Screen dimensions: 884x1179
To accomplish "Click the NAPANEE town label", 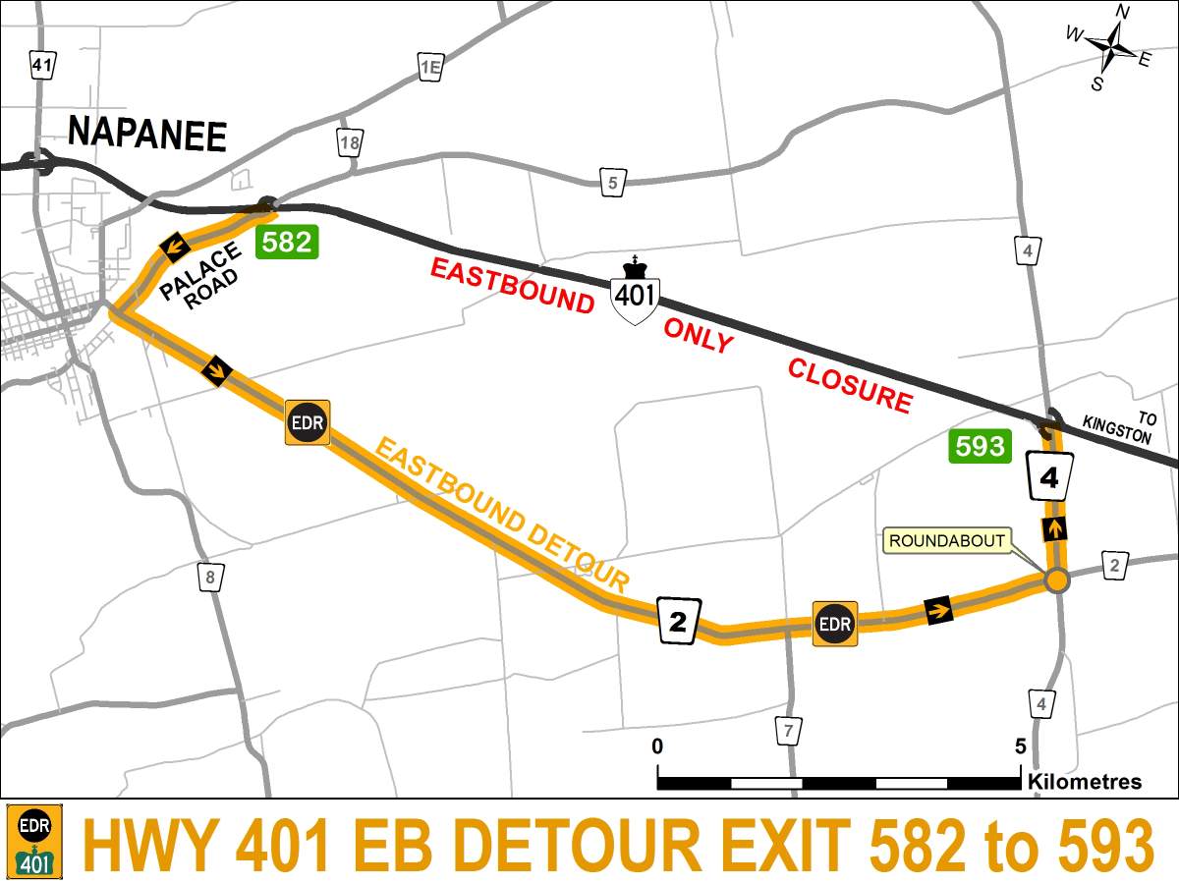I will tap(146, 135).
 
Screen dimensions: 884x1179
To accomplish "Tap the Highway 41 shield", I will tap(41, 66).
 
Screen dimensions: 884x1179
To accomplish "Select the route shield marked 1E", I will tap(429, 66).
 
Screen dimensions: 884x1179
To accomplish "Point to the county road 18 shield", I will tap(349, 142).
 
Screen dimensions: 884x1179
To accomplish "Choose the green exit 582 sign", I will tap(287, 242).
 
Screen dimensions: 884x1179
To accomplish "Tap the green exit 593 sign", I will tap(980, 447).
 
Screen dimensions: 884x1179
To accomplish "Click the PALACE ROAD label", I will tap(199, 277).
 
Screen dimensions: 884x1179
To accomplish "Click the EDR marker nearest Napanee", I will tap(307, 422).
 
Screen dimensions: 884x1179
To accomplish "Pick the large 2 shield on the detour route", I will tap(678, 620).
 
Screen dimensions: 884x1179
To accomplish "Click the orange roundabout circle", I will tap(1056, 580).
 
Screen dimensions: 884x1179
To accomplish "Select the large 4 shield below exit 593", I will tap(1049, 476).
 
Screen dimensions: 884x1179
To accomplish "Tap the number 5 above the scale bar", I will tap(1021, 746).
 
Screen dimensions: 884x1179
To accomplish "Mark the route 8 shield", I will tap(208, 578).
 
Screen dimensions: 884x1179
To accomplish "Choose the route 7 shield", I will tap(787, 732).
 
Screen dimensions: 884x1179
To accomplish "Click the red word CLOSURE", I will tap(849, 385).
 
